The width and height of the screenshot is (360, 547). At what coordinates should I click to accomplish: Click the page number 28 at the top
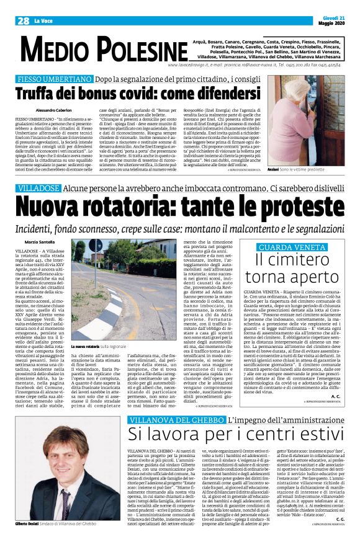24,20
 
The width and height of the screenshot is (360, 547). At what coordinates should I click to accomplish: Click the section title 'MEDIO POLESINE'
103,48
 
